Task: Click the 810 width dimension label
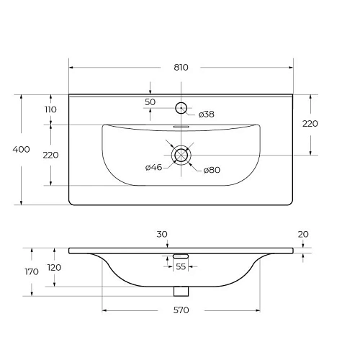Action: coord(181,68)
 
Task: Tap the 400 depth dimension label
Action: coord(21,149)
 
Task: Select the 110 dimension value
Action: coord(50,109)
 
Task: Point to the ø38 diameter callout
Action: coord(207,114)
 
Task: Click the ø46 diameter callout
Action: coord(154,167)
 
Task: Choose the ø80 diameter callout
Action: coord(212,170)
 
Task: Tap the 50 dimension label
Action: coord(150,102)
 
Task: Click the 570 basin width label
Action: coord(181,310)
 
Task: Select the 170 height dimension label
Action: coord(32,271)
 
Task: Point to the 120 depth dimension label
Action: coord(54,267)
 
